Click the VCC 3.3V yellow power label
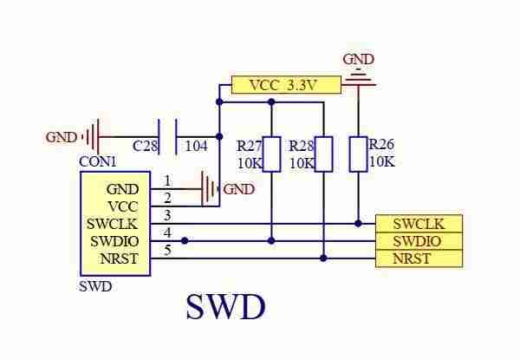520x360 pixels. pos(286,85)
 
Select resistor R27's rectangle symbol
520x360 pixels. pos(271,154)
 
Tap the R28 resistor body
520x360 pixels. pos(323,154)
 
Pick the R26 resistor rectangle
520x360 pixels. pos(358,154)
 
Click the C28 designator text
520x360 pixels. pos(145,146)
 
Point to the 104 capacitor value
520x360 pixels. pos(197,146)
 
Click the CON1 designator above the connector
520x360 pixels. pos(98,162)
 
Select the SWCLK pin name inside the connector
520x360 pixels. pos(112,224)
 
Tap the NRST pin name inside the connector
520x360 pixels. pos(119,259)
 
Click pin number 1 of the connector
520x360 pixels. pos(167,181)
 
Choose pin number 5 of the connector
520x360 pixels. pos(168,250)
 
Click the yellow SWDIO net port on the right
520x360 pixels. pos(419,241)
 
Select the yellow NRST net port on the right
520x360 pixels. pos(419,259)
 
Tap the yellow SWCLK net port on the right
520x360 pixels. pos(419,224)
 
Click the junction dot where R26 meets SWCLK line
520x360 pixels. pos(358,224)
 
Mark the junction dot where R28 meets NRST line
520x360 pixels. pos(323,259)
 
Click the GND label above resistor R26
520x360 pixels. pos(359,59)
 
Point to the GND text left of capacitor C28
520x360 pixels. pos(61,137)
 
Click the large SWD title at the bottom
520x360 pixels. pos(226,306)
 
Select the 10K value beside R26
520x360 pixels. pos(382,161)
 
